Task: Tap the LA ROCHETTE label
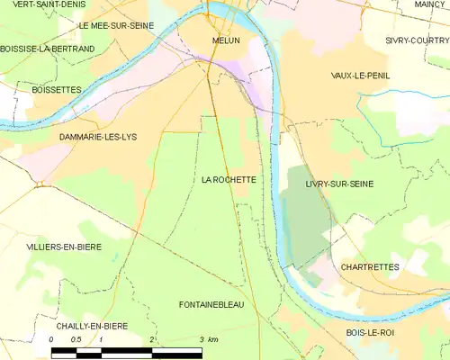pos(229,180)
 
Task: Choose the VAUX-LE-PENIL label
pos(360,76)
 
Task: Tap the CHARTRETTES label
pos(371,267)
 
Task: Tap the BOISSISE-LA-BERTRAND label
pos(47,49)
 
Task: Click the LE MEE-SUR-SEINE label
pos(116,26)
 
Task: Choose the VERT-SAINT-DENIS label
pos(37,4)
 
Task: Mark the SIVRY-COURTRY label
pos(416,40)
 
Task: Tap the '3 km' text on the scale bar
pos(209,339)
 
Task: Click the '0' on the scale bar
pos(52,339)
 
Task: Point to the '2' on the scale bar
pos(152,339)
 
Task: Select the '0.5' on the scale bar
pos(76,339)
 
